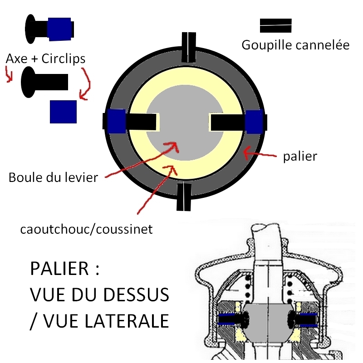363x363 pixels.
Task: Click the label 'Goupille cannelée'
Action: pos(295,45)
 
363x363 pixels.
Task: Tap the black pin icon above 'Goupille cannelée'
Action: pos(275,25)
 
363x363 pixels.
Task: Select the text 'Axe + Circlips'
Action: pos(46,59)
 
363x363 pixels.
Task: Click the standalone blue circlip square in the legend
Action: pos(63,111)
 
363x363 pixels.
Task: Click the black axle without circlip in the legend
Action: pos(44,82)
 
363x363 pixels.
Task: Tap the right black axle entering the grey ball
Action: pos(227,122)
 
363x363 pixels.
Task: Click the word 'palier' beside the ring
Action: pos(299,157)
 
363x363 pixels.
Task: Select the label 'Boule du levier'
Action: pos(53,177)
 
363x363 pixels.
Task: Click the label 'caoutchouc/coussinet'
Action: pos(87,229)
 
